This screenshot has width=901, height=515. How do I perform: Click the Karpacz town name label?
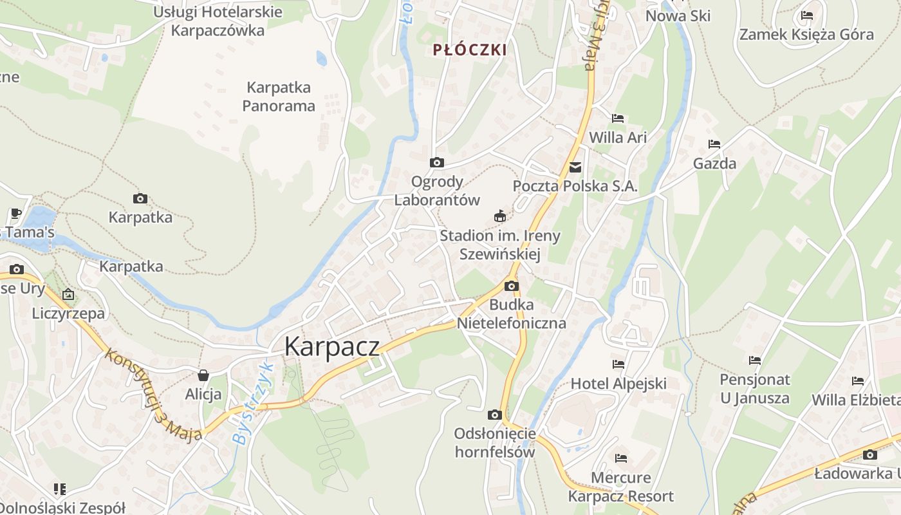[x=332, y=346]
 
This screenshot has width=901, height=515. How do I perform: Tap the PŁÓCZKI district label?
[x=470, y=50]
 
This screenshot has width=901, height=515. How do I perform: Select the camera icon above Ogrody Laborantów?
[x=437, y=163]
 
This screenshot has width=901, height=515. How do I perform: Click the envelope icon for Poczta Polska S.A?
[x=575, y=167]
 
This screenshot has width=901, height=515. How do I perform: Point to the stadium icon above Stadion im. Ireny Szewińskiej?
[x=499, y=216]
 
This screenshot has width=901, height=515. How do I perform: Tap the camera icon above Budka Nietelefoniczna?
[x=512, y=286]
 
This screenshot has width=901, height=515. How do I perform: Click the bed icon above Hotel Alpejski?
[x=618, y=364]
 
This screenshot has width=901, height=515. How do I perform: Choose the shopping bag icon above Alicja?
[x=203, y=375]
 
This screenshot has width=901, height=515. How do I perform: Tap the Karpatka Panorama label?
[x=279, y=97]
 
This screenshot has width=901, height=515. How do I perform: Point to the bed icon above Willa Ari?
[x=618, y=118]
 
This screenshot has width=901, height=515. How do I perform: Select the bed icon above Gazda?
[x=714, y=144]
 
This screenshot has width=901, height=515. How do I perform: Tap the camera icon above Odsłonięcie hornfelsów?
[x=494, y=415]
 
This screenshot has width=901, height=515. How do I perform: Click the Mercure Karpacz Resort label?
[x=621, y=487]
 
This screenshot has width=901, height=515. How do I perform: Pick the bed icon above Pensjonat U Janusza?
[x=755, y=360]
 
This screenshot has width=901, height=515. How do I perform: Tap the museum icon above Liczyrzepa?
[x=68, y=295]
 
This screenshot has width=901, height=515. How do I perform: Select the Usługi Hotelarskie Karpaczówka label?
[x=218, y=21]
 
